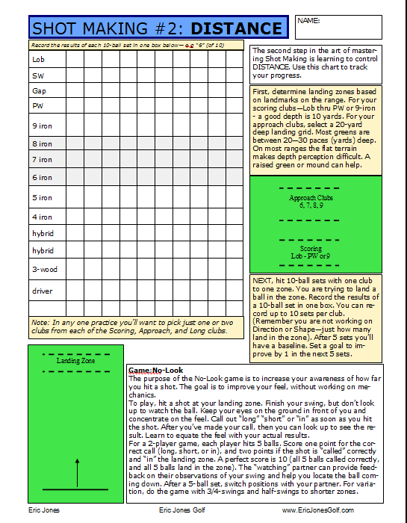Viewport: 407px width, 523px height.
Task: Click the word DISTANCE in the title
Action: tap(237, 29)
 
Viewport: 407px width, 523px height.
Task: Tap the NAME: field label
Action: tap(308, 21)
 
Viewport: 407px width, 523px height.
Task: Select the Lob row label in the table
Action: tap(38, 58)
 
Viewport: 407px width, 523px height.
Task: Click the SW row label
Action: tap(37, 75)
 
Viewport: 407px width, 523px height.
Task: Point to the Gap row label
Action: tap(39, 90)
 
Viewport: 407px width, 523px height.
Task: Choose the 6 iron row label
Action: tap(42, 178)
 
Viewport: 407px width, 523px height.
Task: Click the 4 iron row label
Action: tap(42, 217)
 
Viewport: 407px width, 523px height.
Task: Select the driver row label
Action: tap(42, 291)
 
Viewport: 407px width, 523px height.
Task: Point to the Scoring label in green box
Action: tap(311, 248)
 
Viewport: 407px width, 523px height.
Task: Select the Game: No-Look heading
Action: tap(155, 371)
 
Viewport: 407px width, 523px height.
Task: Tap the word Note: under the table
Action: tap(41, 322)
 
